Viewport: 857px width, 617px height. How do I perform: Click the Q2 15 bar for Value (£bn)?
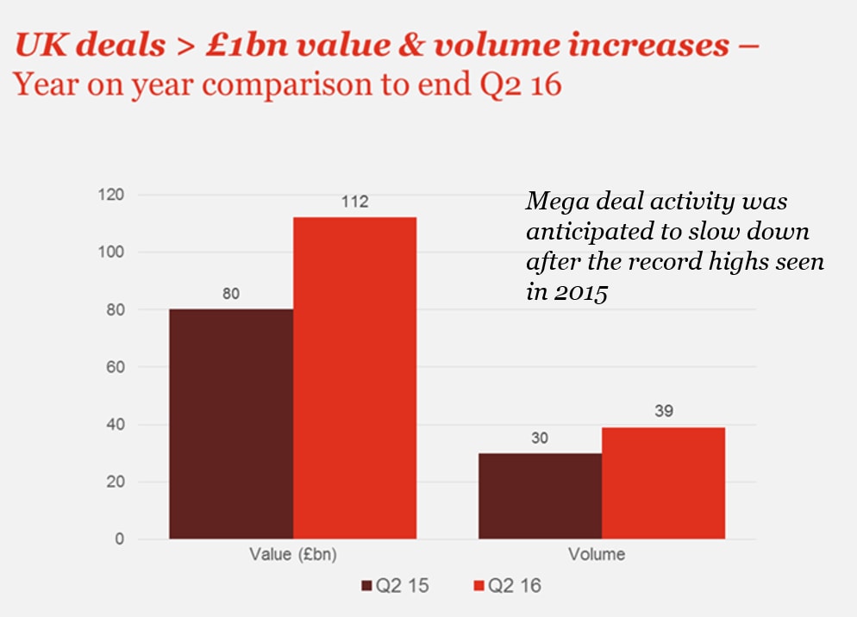(231, 424)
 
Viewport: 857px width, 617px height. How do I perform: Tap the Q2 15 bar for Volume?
(540, 496)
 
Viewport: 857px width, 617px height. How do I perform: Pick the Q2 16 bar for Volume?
(663, 483)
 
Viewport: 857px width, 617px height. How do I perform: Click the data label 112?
(354, 203)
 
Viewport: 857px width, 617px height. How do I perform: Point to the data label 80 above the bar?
(230, 294)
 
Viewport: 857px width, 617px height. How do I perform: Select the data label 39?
(663, 411)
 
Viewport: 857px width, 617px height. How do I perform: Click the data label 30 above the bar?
(540, 438)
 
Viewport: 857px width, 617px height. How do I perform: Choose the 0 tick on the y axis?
(120, 539)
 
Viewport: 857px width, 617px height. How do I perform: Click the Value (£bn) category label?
(293, 554)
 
